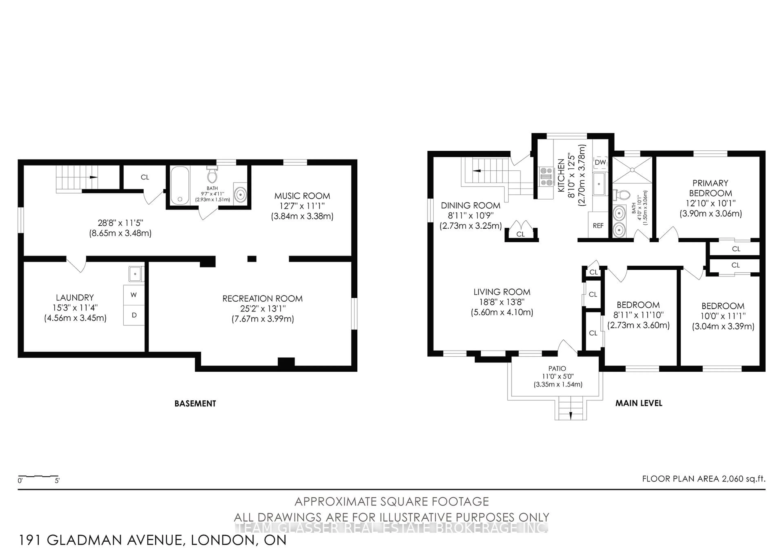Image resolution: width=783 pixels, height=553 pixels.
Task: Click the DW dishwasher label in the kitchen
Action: (x=600, y=162)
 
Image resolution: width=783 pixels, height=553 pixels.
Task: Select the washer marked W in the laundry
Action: (x=134, y=295)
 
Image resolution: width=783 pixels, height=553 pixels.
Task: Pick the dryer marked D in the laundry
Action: (x=134, y=315)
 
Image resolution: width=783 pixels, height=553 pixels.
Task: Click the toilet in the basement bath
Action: (x=212, y=175)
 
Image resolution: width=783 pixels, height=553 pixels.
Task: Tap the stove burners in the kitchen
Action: (x=546, y=176)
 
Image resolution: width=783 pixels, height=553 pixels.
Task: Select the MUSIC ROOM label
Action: (x=302, y=196)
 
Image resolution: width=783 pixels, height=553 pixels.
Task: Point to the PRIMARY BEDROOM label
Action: (x=710, y=188)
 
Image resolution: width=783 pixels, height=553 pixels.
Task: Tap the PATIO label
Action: (x=557, y=368)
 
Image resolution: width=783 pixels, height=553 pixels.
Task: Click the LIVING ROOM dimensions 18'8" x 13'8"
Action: (x=502, y=302)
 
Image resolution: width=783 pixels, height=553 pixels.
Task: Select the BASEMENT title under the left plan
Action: (x=195, y=403)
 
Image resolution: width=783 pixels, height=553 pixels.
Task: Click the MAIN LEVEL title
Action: (x=639, y=403)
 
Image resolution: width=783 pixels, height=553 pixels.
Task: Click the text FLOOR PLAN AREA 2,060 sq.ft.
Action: (x=704, y=479)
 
